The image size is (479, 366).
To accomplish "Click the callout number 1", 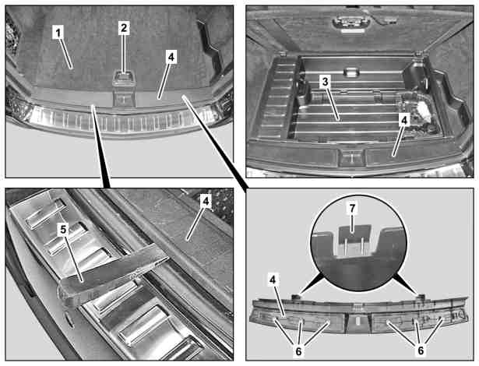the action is click(58, 32).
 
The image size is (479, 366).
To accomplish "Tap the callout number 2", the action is click(123, 28).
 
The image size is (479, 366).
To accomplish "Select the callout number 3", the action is click(325, 82).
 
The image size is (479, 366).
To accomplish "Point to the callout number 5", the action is click(63, 230).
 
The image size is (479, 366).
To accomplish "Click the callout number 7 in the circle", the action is click(352, 208).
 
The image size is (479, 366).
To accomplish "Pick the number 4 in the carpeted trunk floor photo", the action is click(171, 57).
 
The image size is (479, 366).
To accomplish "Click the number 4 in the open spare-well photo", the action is click(404, 121).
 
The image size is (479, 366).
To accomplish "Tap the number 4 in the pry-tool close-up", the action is click(206, 202).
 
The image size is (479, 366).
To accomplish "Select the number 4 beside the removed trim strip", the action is click(273, 280).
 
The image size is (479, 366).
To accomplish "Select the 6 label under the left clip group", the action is click(298, 351).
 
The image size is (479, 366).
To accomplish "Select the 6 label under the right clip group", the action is click(421, 350).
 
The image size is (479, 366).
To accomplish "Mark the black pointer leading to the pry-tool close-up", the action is click(100, 146).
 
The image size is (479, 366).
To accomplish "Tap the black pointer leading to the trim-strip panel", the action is click(216, 143).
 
